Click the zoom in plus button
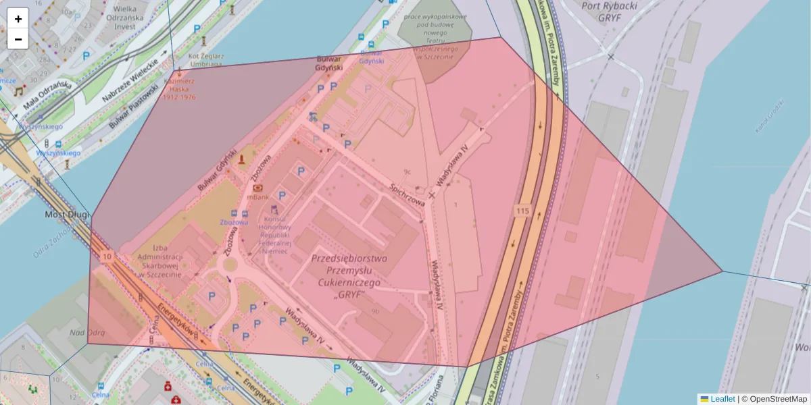(18, 19)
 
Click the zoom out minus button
(18, 39)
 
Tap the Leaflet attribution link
(722, 399)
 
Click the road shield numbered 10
(107, 257)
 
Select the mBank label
(258, 197)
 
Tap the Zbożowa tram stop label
(234, 221)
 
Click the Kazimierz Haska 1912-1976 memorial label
(179, 88)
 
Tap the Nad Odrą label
(87, 332)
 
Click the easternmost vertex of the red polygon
(722, 271)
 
